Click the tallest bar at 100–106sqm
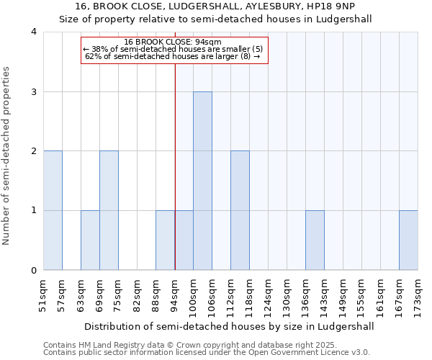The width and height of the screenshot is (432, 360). pos(202,181)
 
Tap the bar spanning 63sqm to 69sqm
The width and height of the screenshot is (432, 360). pos(90,240)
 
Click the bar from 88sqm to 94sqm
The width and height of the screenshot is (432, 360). pos(165,240)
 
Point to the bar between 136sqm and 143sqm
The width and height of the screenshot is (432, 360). pos(315,240)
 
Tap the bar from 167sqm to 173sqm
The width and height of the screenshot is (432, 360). pos(408,240)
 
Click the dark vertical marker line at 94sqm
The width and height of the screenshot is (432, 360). pos(175,166)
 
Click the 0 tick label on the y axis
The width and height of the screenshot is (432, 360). pos(33,271)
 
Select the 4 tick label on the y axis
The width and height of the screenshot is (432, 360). pos(33,32)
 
